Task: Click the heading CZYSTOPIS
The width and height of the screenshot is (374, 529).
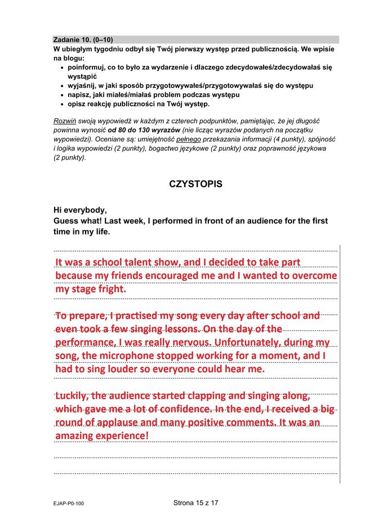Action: pos(195,184)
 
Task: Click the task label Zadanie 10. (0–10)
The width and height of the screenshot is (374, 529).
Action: pos(83,39)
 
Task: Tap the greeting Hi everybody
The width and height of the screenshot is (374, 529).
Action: pos(80,210)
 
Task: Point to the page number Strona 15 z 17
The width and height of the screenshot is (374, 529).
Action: pos(195,503)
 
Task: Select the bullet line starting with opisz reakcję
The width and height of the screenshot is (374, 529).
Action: pos(138,104)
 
